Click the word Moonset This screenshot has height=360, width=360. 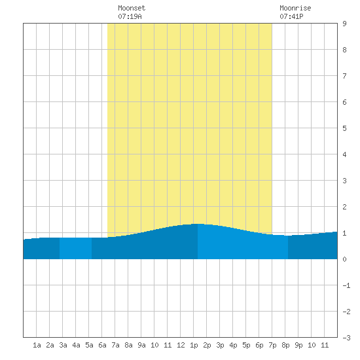pyautogui.click(x=132, y=8)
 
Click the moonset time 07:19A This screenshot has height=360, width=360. pyautogui.click(x=130, y=16)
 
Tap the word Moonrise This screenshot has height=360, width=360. pyautogui.click(x=295, y=8)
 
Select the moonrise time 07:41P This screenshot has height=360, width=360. pyautogui.click(x=291, y=16)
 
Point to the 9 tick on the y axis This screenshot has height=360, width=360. pyautogui.click(x=344, y=24)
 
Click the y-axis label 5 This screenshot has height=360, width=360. pyautogui.click(x=344, y=128)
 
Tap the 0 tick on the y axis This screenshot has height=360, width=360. pyautogui.click(x=344, y=259)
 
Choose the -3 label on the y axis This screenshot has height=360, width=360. pyautogui.click(x=346, y=338)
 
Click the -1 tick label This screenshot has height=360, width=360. pyautogui.click(x=346, y=285)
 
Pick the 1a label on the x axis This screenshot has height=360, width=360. pyautogui.click(x=37, y=345)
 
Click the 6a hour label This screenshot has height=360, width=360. pyautogui.click(x=102, y=345)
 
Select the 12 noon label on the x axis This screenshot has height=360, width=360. pyautogui.click(x=181, y=345)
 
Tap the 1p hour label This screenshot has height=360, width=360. pyautogui.click(x=194, y=345)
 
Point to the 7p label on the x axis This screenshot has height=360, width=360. pyautogui.click(x=272, y=345)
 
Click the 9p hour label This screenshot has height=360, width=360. pyautogui.click(x=298, y=345)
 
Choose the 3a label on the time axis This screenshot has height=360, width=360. pyautogui.click(x=63, y=345)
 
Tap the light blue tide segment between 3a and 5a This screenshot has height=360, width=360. pyautogui.click(x=75, y=249)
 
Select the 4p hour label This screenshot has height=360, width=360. pyautogui.click(x=233, y=345)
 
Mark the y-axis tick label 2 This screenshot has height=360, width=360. pyautogui.click(x=344, y=207)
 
